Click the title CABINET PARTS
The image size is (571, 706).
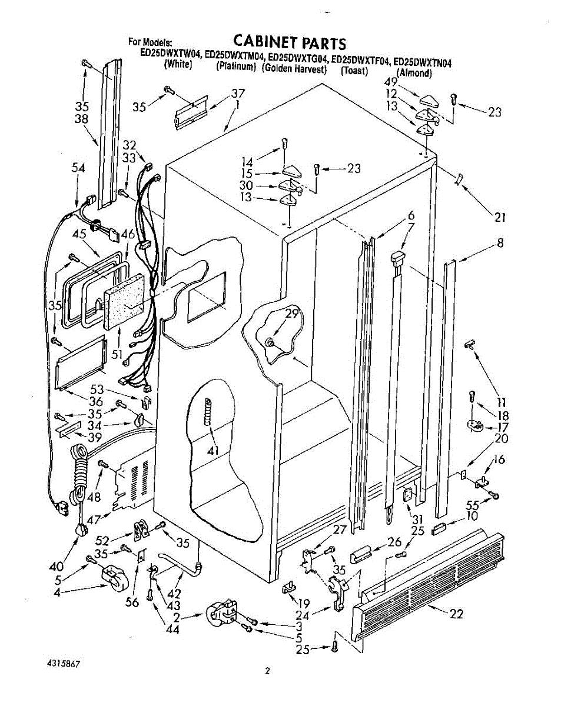click(x=289, y=42)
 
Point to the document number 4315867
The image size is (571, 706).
click(x=63, y=663)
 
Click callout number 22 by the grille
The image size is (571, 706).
click(x=456, y=614)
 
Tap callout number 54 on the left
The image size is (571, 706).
click(x=78, y=168)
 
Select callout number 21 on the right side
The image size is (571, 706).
click(x=500, y=218)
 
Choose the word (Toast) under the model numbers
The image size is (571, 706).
click(x=354, y=71)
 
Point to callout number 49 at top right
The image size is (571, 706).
click(x=390, y=81)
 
